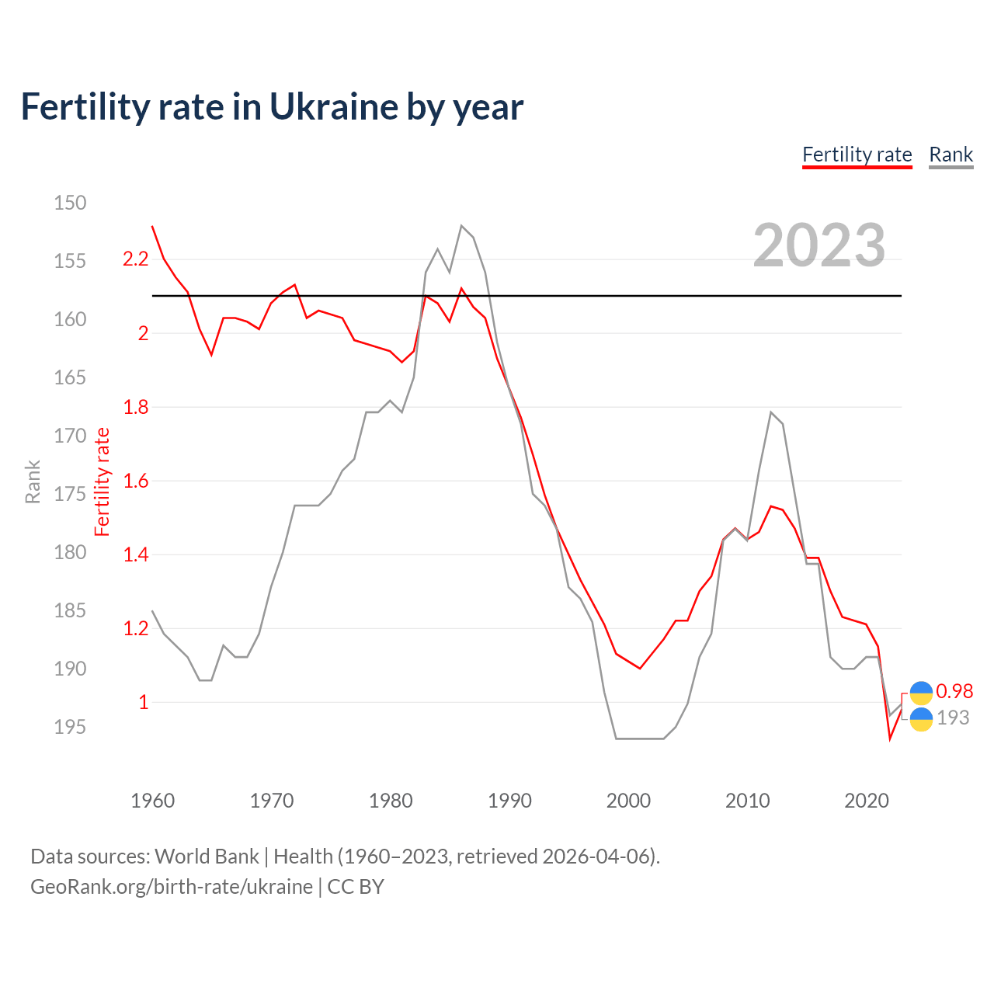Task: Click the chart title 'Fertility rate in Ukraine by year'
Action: point(272,106)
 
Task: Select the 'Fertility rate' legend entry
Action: point(857,155)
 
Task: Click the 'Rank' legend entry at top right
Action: point(951,155)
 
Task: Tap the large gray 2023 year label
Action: point(819,245)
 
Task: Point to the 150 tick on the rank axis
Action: point(70,203)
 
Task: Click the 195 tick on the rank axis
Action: point(70,727)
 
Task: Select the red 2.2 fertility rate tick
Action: point(135,259)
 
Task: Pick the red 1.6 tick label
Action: point(135,481)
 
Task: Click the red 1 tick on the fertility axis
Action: point(143,702)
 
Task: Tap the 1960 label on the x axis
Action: point(153,801)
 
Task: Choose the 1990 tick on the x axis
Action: point(509,801)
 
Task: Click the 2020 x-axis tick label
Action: point(866,801)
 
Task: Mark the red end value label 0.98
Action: point(954,691)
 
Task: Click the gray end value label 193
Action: point(953,718)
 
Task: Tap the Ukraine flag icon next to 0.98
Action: point(921,693)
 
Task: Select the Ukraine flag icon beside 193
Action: point(921,719)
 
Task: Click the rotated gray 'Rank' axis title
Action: point(33,481)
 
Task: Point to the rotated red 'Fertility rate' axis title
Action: point(103,481)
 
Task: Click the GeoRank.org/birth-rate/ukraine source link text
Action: point(171,887)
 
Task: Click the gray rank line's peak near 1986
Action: point(461,226)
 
